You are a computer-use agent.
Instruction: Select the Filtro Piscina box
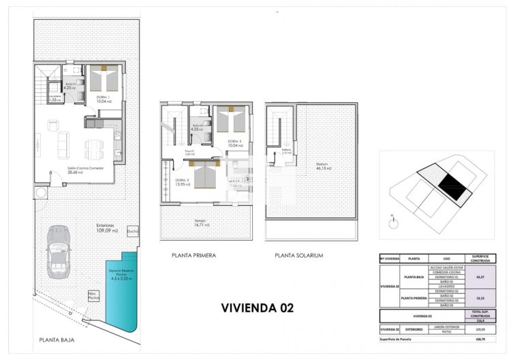point(93,296)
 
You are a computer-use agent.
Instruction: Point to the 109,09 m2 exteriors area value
point(106,230)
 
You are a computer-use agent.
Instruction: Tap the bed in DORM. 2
point(230,119)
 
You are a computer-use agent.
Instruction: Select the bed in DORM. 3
point(205,177)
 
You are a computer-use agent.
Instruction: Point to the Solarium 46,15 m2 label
point(323,166)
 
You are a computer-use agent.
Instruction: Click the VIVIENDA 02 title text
point(257,307)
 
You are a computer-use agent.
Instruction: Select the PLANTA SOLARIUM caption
point(298,256)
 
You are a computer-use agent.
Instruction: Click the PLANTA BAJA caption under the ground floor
point(57,339)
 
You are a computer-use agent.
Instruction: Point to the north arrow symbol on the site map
point(392,221)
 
